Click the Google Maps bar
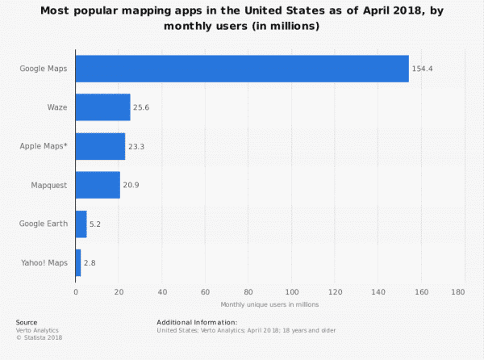[x=242, y=69]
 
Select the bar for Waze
[x=102, y=107]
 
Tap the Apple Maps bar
[x=100, y=146]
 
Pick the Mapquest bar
[x=98, y=185]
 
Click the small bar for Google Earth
[x=81, y=224]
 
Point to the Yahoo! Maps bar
[x=78, y=262]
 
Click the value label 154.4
[x=422, y=69]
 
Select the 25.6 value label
[x=142, y=107]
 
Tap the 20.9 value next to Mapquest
[x=131, y=185]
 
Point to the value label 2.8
[x=90, y=263]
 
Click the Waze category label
[x=56, y=107]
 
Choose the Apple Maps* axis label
[x=44, y=146]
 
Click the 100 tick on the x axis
[x=292, y=291]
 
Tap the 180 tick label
[x=459, y=291]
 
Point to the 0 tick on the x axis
[x=76, y=291]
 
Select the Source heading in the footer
[x=27, y=322]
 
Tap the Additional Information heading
[x=197, y=322]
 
